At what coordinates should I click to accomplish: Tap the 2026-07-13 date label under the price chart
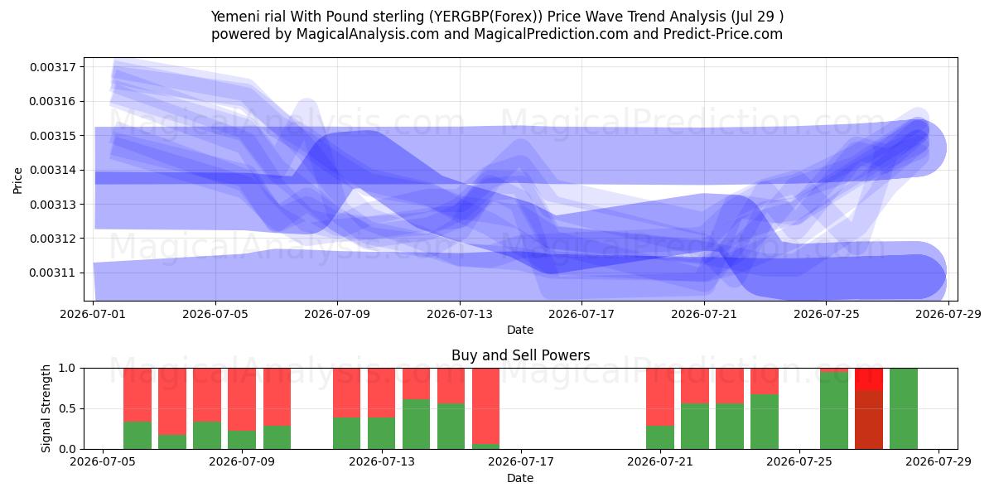point(460,315)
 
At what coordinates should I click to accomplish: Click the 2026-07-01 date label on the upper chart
point(93,315)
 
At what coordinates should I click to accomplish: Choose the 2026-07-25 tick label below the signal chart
point(799,462)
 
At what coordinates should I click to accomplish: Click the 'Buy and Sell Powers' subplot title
point(520,355)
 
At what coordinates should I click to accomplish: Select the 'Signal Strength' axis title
point(46,408)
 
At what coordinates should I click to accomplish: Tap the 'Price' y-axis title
point(17,181)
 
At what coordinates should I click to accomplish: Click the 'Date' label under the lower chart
point(520,479)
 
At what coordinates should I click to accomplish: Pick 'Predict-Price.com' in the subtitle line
point(723,34)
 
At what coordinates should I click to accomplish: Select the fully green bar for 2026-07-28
point(904,408)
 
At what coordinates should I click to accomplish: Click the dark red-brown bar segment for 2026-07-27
point(869,420)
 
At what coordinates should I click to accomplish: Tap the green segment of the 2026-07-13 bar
point(416,424)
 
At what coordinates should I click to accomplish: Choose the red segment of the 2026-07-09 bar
point(242,399)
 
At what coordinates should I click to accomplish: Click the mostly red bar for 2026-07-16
point(486,408)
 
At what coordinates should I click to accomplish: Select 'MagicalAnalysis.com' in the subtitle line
point(368,34)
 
